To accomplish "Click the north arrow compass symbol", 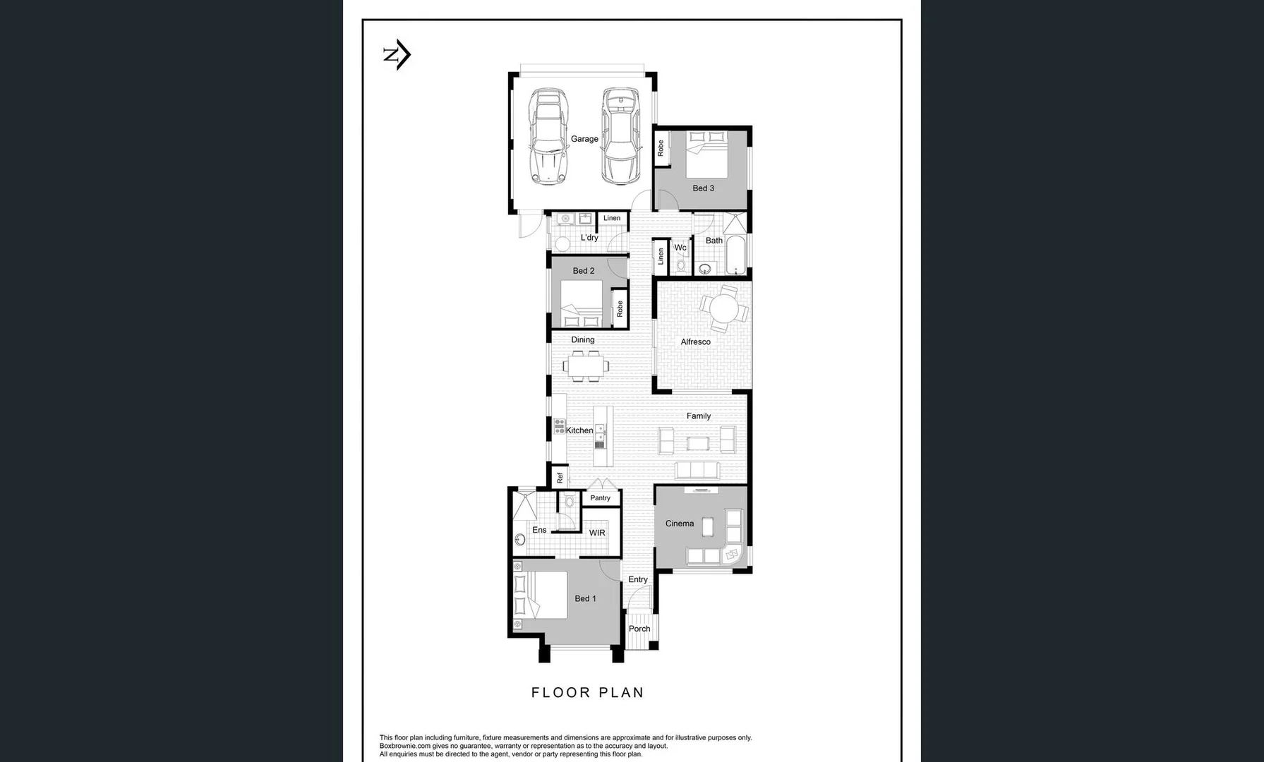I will point(397,54).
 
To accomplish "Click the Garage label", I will point(584,139).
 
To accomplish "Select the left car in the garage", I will point(549,136).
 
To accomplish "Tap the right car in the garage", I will point(620,136).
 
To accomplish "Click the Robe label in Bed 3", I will point(661,148).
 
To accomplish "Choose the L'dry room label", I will point(589,238).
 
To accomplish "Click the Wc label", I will point(680,248).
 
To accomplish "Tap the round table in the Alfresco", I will point(723,308).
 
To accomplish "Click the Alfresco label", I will point(695,342).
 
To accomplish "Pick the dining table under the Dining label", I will point(586,366).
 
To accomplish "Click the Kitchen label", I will point(579,430).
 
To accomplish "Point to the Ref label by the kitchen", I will point(560,478).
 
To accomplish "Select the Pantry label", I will point(600,498).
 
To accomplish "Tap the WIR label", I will point(597,533).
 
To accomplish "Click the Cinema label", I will point(679,524).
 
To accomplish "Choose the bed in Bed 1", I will point(541,595).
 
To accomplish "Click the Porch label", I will point(639,629).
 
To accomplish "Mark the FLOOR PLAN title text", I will point(587,693).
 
